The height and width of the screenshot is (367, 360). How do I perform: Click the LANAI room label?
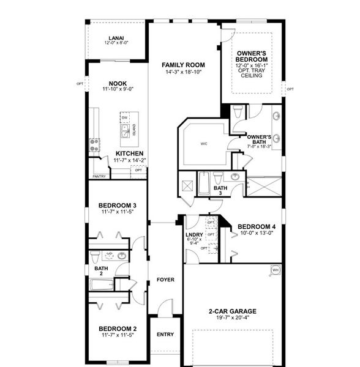(x=116, y=38)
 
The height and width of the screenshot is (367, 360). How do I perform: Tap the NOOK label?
(x=118, y=84)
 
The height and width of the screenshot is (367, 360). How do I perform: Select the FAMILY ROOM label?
(x=183, y=65)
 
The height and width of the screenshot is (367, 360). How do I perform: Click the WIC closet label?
(x=204, y=144)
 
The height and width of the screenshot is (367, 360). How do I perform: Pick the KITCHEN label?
(x=130, y=154)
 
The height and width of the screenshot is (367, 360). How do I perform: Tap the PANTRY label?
(x=99, y=177)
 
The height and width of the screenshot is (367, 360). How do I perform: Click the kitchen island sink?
(x=125, y=130)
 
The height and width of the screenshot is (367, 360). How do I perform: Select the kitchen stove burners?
(x=96, y=145)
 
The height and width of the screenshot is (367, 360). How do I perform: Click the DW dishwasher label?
(x=124, y=117)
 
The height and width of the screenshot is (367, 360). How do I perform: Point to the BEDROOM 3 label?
(x=117, y=206)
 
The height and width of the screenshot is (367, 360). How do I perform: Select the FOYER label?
(x=165, y=280)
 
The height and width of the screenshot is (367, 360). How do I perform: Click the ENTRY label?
(x=165, y=335)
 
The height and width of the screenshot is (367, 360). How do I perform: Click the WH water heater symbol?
(x=275, y=269)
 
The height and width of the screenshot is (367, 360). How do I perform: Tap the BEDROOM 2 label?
(x=117, y=328)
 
